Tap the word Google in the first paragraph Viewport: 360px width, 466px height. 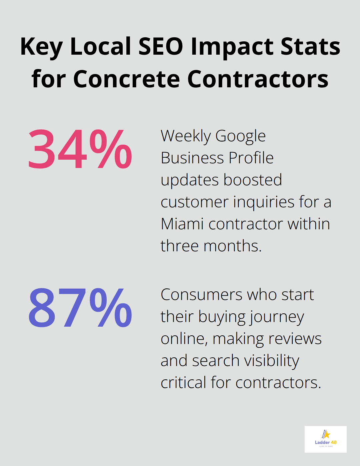point(240,136)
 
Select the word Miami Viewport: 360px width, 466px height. point(182,224)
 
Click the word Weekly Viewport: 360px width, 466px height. point(186,136)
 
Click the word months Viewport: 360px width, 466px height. point(232,246)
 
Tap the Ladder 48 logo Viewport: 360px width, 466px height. point(325,439)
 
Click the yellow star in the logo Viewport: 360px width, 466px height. point(327,434)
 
